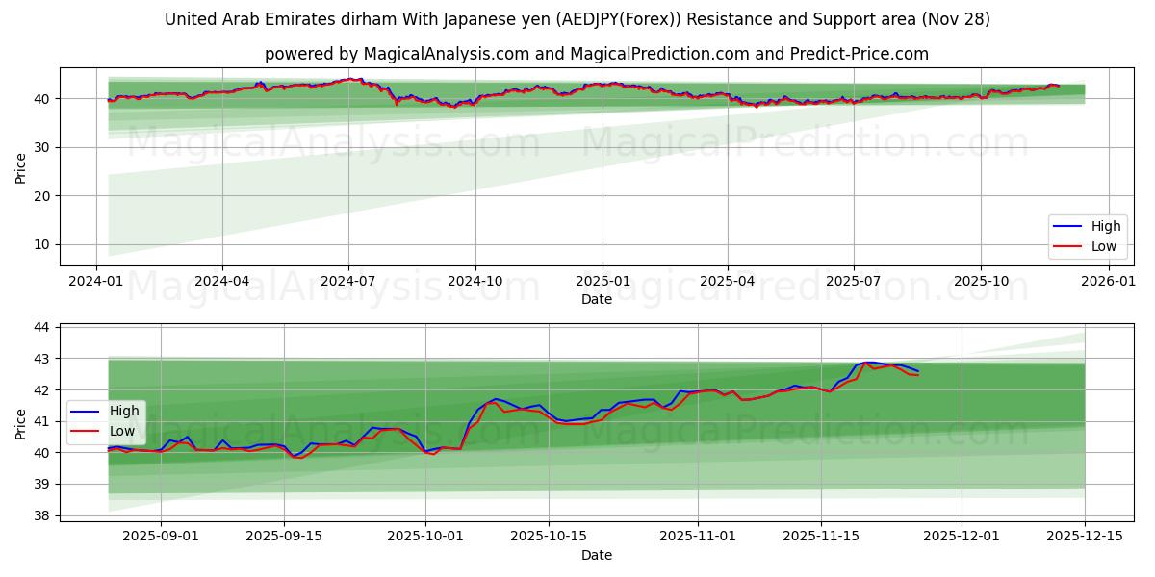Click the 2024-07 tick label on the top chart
coord(347,281)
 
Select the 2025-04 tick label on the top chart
coord(728,281)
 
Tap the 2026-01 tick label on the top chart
coord(1110,281)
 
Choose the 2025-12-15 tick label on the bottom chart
coord(1085,537)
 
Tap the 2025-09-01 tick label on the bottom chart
coord(161,537)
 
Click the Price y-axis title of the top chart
coord(20,167)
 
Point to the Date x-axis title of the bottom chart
coord(597,555)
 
